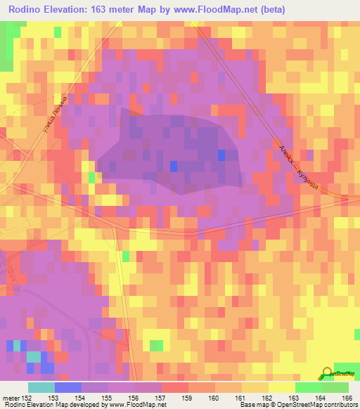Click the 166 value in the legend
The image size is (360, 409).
pos(345,398)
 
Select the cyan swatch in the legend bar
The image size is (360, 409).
pos(41,387)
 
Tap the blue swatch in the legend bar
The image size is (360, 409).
pos(67,387)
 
